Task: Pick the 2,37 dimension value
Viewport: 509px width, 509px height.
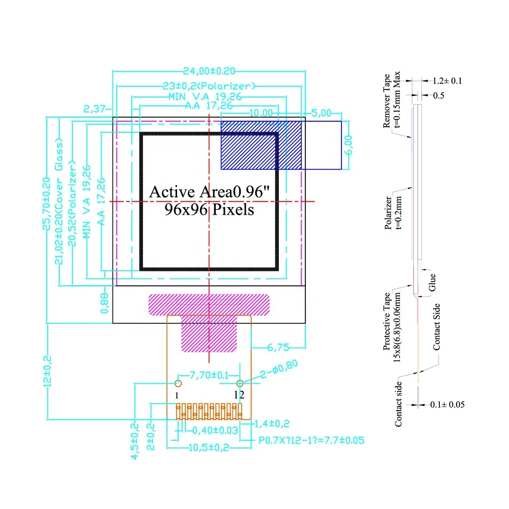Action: tap(94, 108)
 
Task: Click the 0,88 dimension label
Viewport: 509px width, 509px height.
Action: tap(105, 304)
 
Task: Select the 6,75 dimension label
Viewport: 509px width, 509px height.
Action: tap(278, 348)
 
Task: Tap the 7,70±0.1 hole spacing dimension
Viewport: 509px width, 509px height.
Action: tap(209, 376)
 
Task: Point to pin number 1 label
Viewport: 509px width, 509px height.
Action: tap(177, 395)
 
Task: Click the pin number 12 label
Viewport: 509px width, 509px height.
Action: tap(239, 394)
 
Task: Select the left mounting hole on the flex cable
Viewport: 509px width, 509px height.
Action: tap(178, 383)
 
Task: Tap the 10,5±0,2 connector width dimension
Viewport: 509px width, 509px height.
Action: tap(209, 448)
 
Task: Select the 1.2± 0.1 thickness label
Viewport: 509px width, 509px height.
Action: tap(447, 80)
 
